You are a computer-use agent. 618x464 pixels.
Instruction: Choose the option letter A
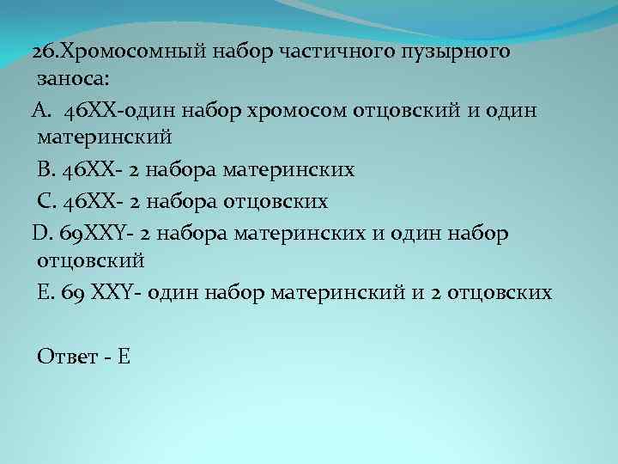coord(43,111)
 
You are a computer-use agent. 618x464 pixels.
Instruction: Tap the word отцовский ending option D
coord(91,259)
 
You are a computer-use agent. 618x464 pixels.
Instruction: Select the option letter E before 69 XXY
coord(44,292)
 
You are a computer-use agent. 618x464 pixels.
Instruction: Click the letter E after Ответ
coord(124,357)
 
